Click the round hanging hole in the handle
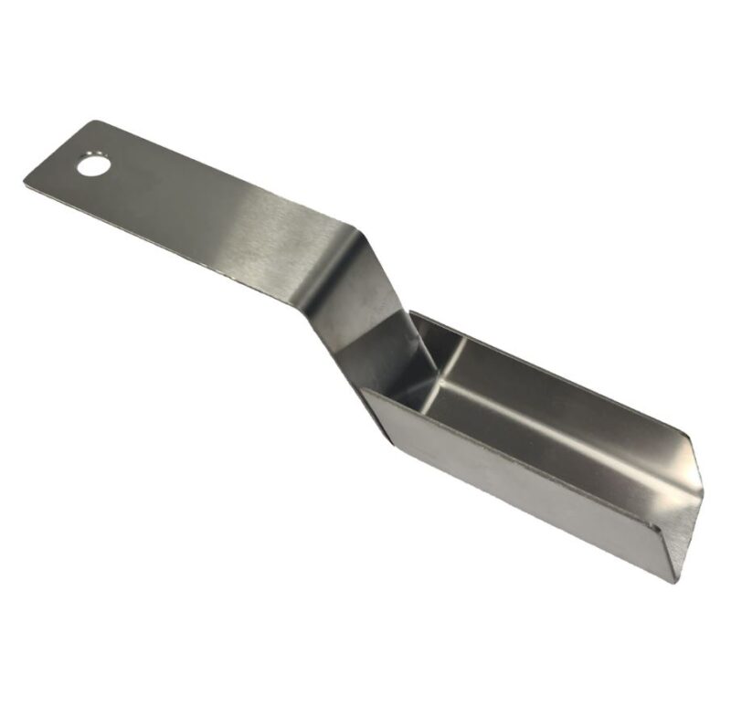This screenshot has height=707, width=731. point(92,166)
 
